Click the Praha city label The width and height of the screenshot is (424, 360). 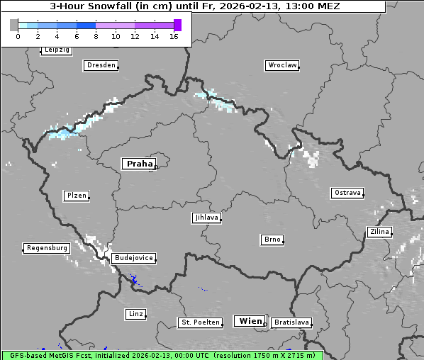[x=139, y=164]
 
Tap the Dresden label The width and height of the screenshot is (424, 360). [x=100, y=65]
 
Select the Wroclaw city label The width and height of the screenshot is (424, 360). [x=281, y=65]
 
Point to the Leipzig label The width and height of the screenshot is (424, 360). [x=56, y=50]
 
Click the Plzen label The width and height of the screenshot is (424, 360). [x=76, y=196]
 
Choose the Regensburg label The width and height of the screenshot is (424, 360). [x=47, y=248]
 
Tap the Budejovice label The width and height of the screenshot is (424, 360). [x=133, y=259]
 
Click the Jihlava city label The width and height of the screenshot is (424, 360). [x=206, y=218]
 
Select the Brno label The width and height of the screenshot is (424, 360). [x=272, y=240]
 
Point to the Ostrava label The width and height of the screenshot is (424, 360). [x=347, y=193]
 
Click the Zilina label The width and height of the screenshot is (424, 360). [x=379, y=232]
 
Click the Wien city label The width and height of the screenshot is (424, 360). [x=250, y=321]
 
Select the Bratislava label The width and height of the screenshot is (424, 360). [x=291, y=322]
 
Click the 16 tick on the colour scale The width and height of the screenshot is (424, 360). [x=174, y=36]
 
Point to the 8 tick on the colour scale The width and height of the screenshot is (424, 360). [x=96, y=36]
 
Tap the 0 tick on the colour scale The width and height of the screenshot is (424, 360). [x=17, y=36]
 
